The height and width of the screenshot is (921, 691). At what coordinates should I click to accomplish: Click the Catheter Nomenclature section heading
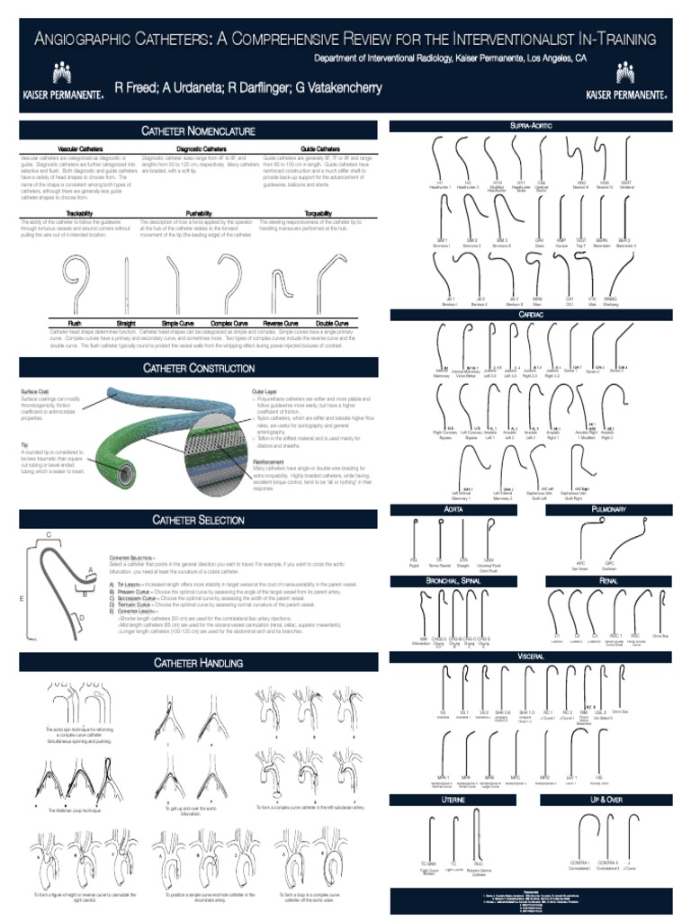[198, 131]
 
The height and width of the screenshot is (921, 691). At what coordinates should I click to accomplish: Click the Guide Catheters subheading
[320, 148]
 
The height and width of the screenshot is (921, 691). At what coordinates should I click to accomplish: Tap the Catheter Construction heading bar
[198, 368]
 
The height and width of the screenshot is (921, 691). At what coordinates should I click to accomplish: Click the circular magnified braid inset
[216, 450]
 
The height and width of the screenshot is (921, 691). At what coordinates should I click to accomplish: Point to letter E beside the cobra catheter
[22, 597]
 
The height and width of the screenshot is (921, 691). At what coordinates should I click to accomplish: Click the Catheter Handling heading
[198, 663]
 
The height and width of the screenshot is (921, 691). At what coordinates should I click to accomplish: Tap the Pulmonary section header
[609, 510]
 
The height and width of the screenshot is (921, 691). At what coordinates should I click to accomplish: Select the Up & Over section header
[609, 799]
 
